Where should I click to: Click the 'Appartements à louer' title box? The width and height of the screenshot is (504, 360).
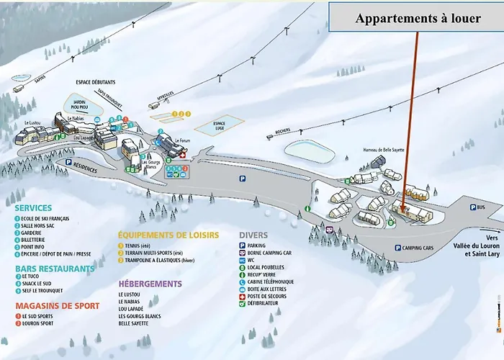pyautogui.click(x=417, y=19)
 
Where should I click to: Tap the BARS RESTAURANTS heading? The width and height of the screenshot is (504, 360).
pyautogui.click(x=55, y=269)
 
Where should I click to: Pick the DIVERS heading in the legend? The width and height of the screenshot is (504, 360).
pyautogui.click(x=253, y=235)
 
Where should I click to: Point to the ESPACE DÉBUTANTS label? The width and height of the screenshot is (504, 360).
pyautogui.click(x=96, y=84)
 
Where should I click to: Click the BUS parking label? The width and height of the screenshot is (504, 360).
pyautogui.click(x=480, y=207)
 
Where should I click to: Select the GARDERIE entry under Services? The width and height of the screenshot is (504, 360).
pyautogui.click(x=35, y=232)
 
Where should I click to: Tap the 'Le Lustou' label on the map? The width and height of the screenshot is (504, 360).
pyautogui.click(x=32, y=122)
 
